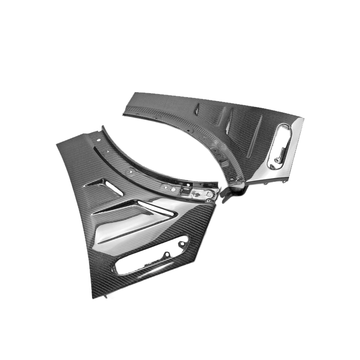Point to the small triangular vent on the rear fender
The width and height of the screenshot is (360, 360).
pos(196,108)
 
